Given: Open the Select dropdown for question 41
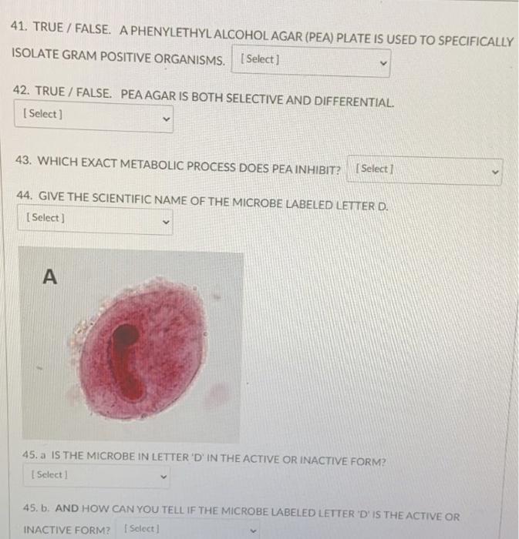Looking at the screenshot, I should tap(310, 60).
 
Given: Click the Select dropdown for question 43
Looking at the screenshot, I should tap(425, 169).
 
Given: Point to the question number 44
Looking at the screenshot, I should tap(25, 196).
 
